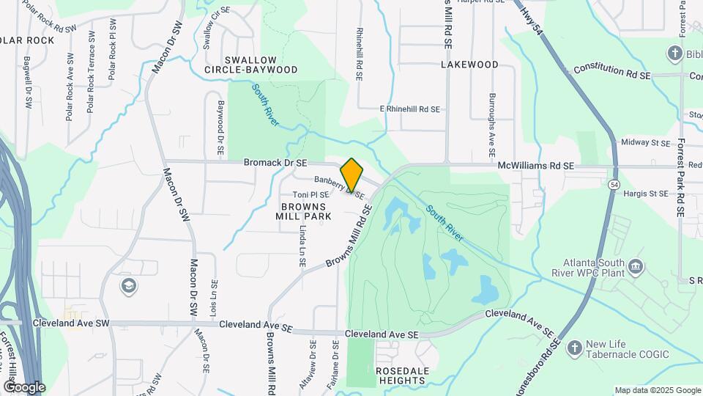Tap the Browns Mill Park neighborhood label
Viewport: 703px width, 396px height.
[x=303, y=211]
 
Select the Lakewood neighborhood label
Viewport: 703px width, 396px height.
[x=469, y=65]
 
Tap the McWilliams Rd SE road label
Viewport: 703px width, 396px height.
[x=535, y=166]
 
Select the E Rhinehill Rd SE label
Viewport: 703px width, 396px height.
[x=409, y=109]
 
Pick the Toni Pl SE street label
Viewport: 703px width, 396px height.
[x=310, y=195]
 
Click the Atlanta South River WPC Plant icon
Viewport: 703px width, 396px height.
[x=636, y=265]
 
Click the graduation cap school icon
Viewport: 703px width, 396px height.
[x=128, y=285]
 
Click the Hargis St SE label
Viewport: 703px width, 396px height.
[x=644, y=194]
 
